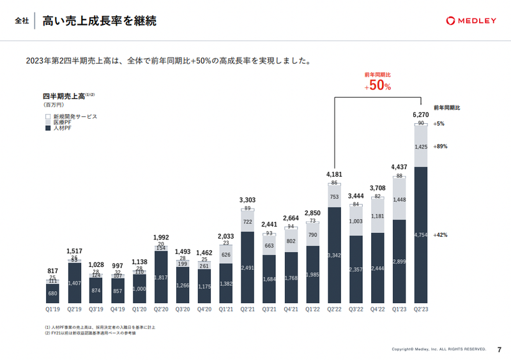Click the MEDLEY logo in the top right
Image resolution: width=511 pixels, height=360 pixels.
[471, 20]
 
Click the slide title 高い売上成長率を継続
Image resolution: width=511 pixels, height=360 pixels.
[99, 21]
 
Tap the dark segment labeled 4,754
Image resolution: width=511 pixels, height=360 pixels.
[421, 235]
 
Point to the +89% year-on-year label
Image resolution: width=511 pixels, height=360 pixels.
[440, 146]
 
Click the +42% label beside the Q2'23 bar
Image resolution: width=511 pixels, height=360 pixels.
[440, 235]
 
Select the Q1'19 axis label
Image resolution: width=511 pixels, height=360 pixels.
[53, 310]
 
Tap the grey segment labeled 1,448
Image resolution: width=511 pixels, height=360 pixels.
[399, 199]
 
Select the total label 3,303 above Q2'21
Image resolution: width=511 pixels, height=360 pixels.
[248, 200]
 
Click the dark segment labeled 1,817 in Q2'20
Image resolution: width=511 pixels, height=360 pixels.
[161, 278]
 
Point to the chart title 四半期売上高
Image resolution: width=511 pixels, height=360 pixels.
[64, 95]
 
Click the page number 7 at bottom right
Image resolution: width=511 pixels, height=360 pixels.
[499, 349]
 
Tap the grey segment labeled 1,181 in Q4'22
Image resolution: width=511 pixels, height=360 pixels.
[378, 216]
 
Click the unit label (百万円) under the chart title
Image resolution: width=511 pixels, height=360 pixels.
[54, 104]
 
